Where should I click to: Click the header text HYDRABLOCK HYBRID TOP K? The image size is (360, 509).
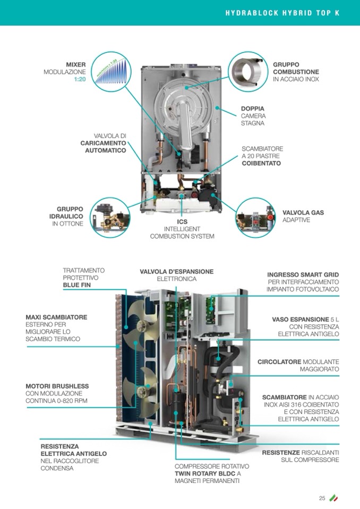click(x=282, y=13)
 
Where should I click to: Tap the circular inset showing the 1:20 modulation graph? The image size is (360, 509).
click(x=111, y=72)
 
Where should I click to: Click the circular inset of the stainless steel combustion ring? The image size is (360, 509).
click(x=248, y=72)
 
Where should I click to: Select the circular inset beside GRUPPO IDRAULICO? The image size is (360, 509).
click(x=110, y=218)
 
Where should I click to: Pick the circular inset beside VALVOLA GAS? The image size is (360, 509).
click(x=255, y=218)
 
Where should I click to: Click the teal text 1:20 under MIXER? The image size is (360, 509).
click(x=80, y=79)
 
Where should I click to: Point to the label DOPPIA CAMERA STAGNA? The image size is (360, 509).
click(x=253, y=116)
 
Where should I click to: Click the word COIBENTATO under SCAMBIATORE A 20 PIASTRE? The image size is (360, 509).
click(x=261, y=163)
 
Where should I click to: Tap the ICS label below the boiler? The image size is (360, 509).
click(x=182, y=222)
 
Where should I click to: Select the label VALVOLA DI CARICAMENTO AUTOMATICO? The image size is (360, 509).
click(x=103, y=143)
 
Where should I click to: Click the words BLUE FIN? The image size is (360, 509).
click(x=77, y=285)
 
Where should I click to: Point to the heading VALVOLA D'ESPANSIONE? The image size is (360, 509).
click(x=177, y=272)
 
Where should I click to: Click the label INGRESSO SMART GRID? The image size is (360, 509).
click(x=303, y=275)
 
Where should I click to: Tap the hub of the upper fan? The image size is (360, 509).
click(x=142, y=325)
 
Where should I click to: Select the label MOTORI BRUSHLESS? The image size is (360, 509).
click(x=57, y=386)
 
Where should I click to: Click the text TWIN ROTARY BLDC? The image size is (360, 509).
click(x=205, y=473)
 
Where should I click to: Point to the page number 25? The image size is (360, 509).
click(x=322, y=498)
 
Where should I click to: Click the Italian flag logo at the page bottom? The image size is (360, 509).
click(x=333, y=498)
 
